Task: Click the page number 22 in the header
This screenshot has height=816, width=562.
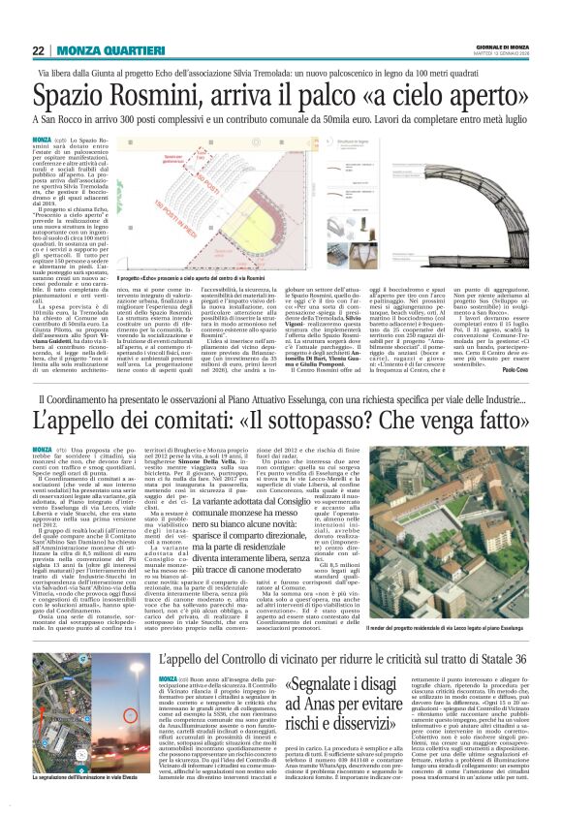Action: (40, 50)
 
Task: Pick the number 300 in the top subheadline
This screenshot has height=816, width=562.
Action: (179, 120)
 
